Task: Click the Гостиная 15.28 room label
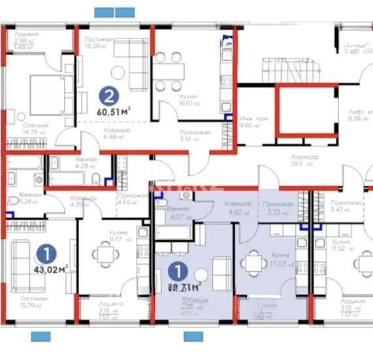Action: tap(100, 42)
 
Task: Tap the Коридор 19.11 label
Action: tap(306, 161)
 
